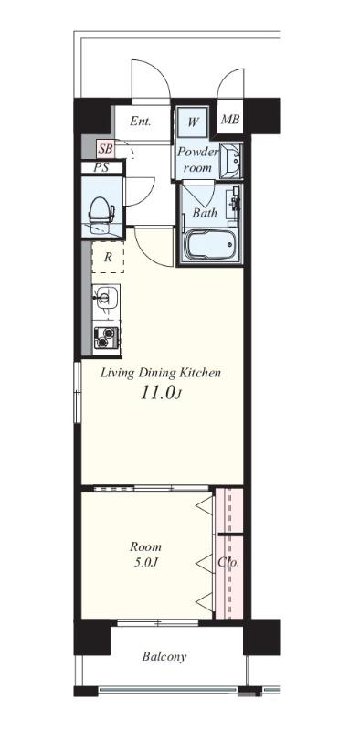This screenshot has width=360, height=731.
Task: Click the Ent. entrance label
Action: (141, 122)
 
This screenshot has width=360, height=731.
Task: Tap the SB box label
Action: (105, 150)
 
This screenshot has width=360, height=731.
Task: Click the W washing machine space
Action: (193, 122)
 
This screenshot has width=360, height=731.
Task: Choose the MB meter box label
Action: (230, 120)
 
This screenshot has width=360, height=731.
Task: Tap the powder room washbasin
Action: (231, 161)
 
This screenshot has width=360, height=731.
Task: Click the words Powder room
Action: (197, 159)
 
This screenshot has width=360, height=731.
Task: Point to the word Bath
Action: (205, 213)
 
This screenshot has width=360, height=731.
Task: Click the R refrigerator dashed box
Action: (108, 258)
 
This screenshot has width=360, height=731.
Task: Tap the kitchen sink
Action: (106, 297)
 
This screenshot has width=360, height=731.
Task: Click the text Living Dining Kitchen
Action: (161, 373)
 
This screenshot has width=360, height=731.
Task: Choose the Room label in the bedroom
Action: (145, 546)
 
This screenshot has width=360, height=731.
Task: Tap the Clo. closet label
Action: (228, 563)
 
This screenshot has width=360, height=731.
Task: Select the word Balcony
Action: (164, 657)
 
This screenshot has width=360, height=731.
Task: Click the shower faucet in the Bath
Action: (235, 201)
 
